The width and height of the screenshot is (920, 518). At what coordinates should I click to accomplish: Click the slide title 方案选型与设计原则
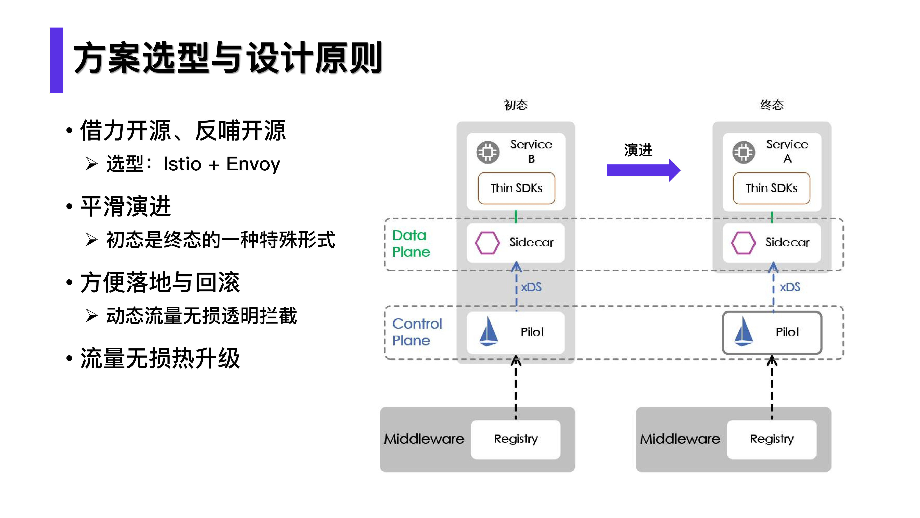point(228,58)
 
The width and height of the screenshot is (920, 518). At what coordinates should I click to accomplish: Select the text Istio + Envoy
point(221,164)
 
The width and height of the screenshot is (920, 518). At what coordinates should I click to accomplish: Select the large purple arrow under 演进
point(643,170)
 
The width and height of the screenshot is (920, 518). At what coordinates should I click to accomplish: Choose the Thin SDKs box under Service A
point(771,188)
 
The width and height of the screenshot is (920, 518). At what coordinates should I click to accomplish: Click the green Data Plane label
point(411,243)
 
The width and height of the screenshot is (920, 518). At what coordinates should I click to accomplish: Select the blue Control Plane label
point(416,332)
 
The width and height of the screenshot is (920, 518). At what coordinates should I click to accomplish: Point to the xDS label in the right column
point(790,287)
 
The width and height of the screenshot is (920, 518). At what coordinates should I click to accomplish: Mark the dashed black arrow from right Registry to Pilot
point(772,388)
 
